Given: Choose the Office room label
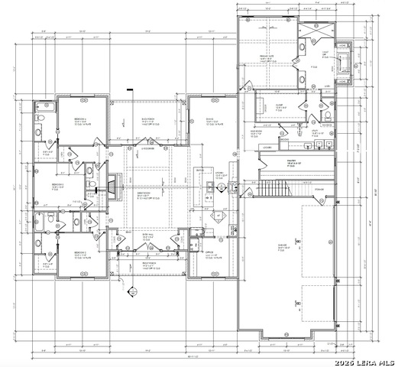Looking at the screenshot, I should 209,255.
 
